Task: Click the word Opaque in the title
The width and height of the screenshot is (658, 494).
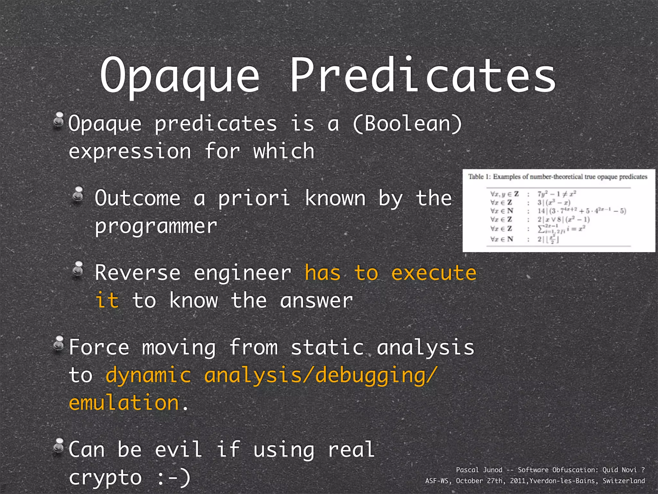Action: coord(180,76)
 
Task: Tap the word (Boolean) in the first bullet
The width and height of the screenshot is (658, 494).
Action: coord(407,124)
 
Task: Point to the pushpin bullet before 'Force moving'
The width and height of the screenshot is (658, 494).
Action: coord(59,344)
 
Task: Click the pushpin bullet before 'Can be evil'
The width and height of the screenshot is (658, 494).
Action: coord(59,446)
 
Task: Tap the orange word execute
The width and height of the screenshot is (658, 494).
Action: coord(434,273)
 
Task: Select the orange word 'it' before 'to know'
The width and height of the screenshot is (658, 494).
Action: coord(107,301)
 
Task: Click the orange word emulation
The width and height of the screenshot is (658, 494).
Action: coord(124,403)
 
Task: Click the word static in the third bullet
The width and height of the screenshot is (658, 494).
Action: coord(327,348)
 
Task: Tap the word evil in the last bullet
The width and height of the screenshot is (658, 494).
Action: coord(179,450)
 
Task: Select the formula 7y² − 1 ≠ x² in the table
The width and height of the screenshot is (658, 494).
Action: coord(556,194)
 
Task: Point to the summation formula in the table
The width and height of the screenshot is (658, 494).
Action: coord(561,229)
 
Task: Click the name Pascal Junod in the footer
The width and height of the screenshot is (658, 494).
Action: coord(479,470)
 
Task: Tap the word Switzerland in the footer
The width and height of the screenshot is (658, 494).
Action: coord(624,481)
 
